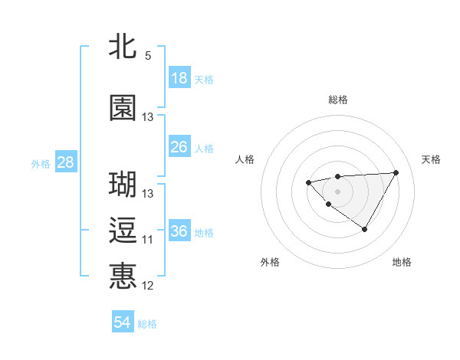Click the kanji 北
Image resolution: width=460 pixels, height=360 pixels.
coord(123,47)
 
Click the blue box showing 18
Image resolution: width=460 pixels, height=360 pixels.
coord(179,78)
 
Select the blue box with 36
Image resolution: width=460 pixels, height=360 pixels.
coord(179,232)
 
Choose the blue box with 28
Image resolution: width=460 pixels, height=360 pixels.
coord(65,162)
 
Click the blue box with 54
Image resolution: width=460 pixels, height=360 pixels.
coord(123,322)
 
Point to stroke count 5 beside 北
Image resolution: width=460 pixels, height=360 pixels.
coord(148,56)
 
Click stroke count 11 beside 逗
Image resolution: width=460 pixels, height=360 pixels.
coord(148,240)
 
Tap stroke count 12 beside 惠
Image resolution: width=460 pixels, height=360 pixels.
coord(148,286)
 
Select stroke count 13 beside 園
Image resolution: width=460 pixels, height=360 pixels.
coord(148,117)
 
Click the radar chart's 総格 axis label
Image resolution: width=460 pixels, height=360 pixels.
coord(337,100)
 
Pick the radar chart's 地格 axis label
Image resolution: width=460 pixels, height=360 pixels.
coord(402,262)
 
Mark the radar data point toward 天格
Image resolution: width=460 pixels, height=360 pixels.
coord(396,172)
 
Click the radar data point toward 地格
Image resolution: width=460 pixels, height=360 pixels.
coord(365,229)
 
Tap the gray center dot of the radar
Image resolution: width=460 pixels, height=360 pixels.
coord(337,191)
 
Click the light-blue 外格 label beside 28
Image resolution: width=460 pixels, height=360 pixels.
coord(41,163)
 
